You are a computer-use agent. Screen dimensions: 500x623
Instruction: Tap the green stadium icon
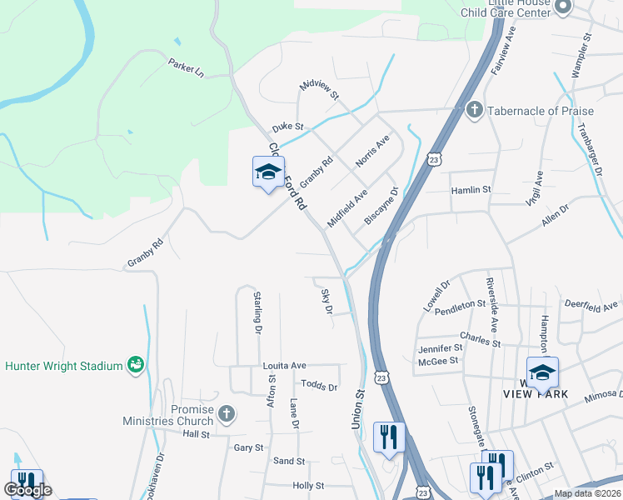135,365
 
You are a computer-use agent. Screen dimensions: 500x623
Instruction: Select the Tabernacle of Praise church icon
475,111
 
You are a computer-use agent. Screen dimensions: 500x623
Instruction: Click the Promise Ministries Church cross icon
226,413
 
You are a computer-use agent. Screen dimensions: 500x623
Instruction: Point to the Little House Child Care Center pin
562,8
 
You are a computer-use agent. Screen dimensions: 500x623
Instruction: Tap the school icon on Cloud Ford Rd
268,172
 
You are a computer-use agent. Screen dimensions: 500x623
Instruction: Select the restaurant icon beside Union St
389,437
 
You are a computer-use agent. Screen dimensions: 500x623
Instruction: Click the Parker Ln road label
186,67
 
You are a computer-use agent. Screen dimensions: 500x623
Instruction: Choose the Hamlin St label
471,190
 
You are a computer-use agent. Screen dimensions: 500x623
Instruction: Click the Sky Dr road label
326,301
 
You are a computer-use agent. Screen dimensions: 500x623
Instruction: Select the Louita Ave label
285,365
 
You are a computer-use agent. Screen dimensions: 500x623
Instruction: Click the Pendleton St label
460,305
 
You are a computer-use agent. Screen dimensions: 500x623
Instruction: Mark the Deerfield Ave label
592,307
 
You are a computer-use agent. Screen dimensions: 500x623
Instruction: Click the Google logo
28,490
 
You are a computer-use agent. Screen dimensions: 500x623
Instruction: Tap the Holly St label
308,485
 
